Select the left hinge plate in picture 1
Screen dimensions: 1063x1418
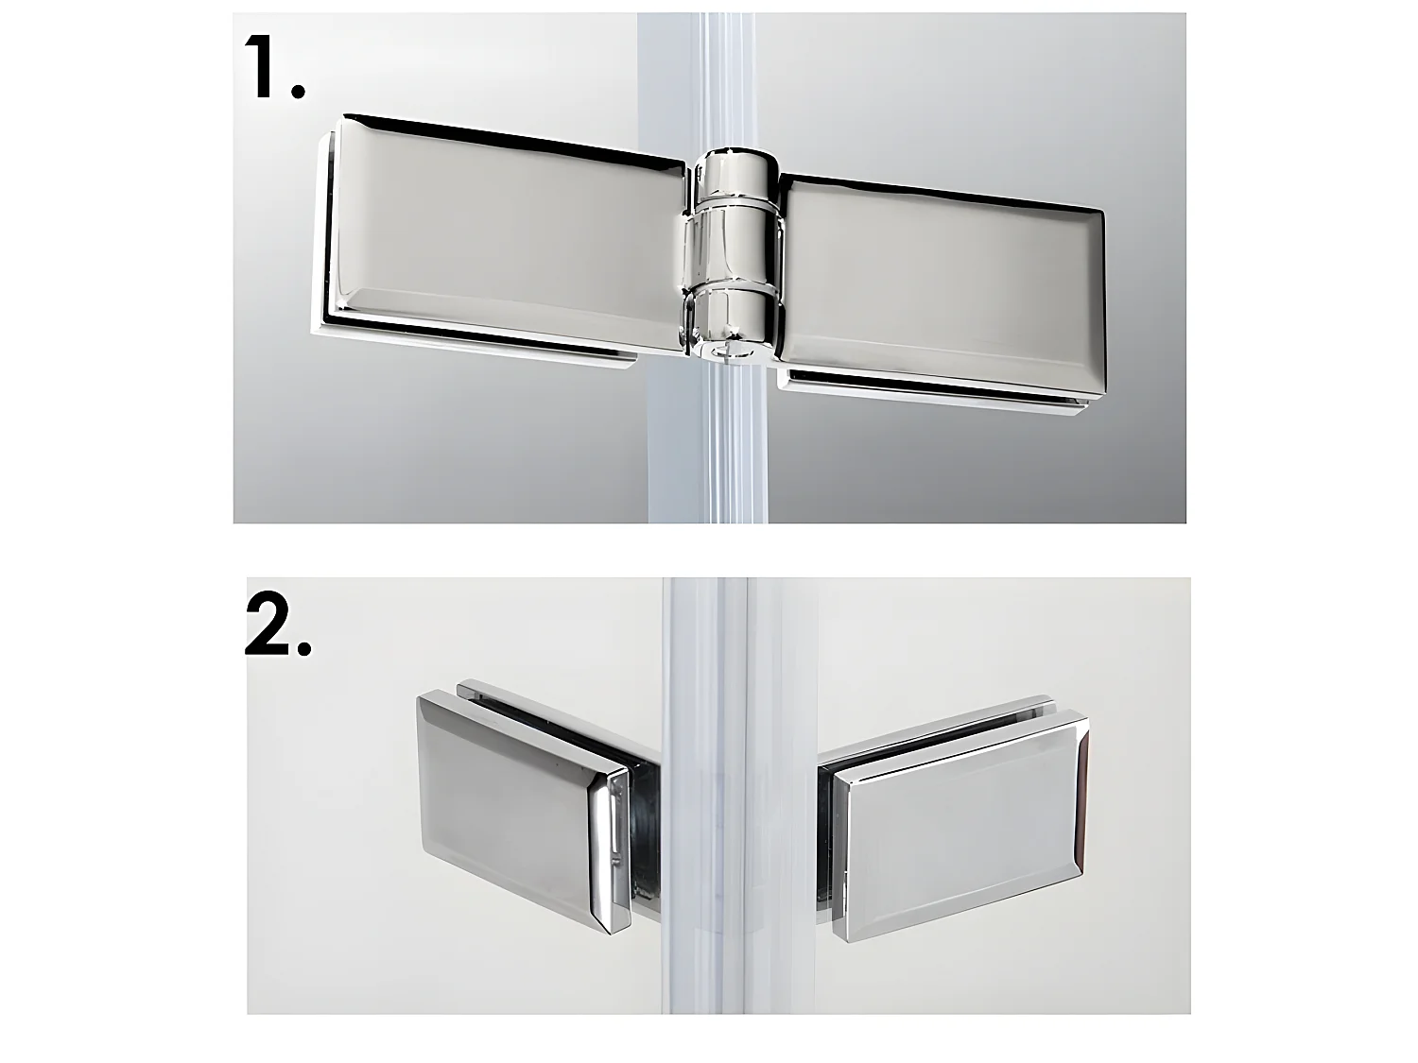[501, 235]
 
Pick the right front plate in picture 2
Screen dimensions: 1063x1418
[960, 832]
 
